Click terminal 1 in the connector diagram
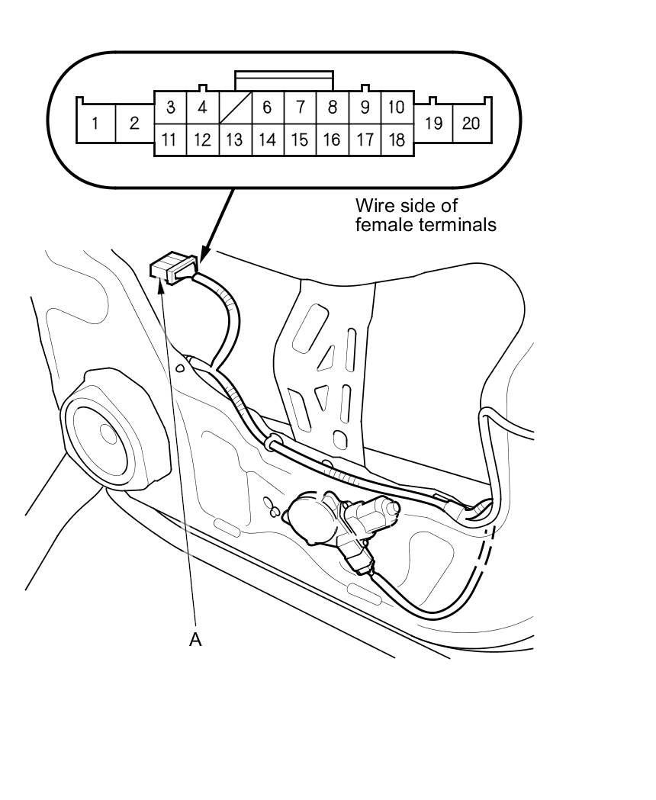click(x=95, y=123)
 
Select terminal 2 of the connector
click(x=134, y=123)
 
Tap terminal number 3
click(x=170, y=108)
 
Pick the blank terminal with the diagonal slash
click(x=235, y=108)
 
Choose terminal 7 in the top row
click(x=300, y=108)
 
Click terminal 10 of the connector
click(x=396, y=108)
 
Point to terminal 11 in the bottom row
click(x=170, y=140)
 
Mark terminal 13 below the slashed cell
click(x=235, y=140)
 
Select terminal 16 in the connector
click(x=332, y=140)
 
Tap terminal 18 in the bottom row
click(x=396, y=140)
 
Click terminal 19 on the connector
click(x=433, y=123)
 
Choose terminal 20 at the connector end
click(x=471, y=123)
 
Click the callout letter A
click(x=195, y=639)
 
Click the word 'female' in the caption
click(x=381, y=225)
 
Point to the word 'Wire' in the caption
click(x=373, y=206)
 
